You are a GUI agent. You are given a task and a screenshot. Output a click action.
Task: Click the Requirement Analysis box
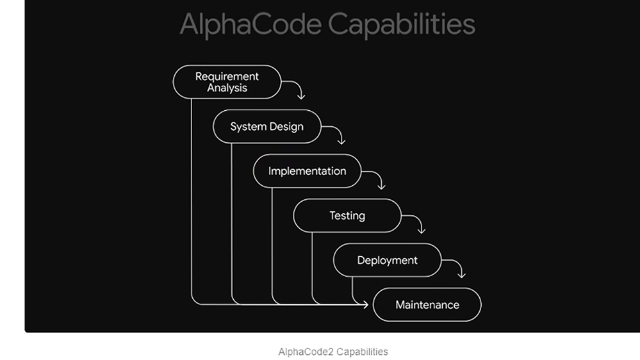click(227, 82)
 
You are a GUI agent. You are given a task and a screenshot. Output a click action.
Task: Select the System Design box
click(267, 127)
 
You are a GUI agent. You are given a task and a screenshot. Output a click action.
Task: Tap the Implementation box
click(307, 171)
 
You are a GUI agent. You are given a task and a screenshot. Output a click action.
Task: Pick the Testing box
click(347, 215)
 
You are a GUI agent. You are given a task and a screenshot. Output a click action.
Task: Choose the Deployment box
click(388, 260)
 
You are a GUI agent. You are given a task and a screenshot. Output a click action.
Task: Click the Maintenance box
click(427, 305)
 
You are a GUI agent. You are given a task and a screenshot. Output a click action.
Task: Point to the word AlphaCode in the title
click(250, 24)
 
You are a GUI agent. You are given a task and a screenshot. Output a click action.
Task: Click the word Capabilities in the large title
click(402, 24)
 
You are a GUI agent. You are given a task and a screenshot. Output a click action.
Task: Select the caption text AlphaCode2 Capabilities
click(333, 352)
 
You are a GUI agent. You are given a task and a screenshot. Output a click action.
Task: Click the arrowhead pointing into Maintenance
click(366, 304)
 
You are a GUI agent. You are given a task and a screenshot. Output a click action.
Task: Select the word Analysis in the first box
click(227, 88)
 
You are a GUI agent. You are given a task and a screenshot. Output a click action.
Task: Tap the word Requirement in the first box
click(227, 76)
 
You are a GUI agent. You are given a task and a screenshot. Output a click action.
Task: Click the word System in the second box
click(249, 127)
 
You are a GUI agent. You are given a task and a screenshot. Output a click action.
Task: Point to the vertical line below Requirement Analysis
click(192, 198)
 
